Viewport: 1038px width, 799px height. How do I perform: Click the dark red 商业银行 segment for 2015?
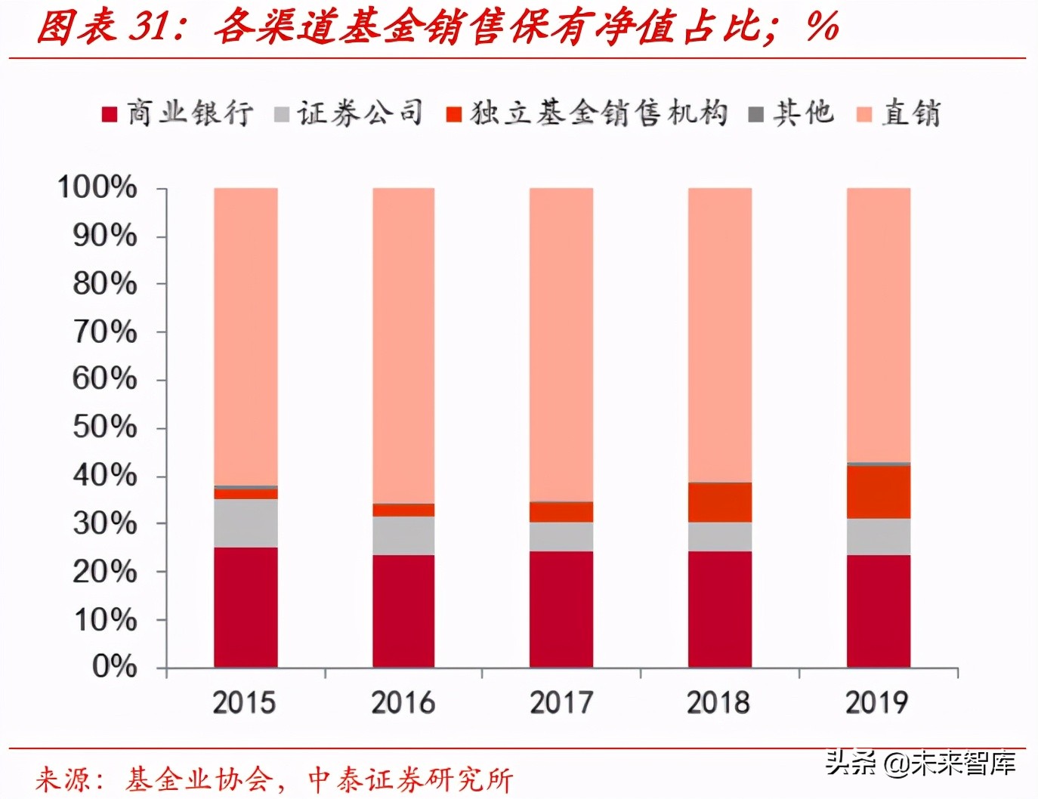coord(246,607)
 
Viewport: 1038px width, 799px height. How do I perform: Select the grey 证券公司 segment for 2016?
coord(403,535)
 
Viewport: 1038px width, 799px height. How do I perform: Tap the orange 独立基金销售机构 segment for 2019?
coord(878,492)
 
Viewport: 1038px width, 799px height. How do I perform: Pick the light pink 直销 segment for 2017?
coord(561,344)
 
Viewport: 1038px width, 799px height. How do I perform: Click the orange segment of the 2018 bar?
coord(719,502)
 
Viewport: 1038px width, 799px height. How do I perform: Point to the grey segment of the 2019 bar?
coord(878,536)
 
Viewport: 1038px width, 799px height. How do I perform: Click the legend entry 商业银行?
coord(178,113)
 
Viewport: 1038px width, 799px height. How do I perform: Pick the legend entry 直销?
coord(900,113)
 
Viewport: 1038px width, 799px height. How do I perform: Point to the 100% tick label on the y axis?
coord(97,187)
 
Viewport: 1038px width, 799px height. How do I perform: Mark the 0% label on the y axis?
coord(114,666)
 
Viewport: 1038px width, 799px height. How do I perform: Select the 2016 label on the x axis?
coord(403,702)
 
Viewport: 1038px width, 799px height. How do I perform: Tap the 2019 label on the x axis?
coord(876,702)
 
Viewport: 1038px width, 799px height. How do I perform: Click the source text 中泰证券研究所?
coord(411,779)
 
